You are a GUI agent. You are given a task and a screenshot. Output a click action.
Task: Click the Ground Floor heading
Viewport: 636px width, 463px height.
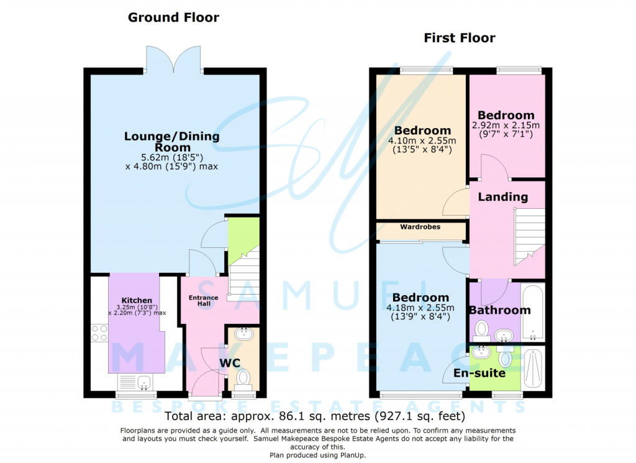click(x=173, y=17)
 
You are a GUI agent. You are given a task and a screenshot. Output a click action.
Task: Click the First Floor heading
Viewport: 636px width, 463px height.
click(x=459, y=38)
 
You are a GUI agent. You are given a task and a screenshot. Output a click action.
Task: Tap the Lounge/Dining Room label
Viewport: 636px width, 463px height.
click(x=172, y=142)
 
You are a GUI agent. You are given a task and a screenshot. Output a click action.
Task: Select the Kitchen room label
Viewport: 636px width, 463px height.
click(x=137, y=300)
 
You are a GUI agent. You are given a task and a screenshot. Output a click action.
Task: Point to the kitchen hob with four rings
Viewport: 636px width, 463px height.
click(x=99, y=332)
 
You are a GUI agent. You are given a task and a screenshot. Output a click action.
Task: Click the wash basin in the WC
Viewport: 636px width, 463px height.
click(x=243, y=334)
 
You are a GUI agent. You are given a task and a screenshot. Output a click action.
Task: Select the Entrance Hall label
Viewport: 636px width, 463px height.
click(x=203, y=300)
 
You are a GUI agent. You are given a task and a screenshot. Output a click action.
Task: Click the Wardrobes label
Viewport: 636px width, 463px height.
click(x=420, y=227)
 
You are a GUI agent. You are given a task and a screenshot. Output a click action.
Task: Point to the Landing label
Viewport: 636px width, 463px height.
click(x=503, y=197)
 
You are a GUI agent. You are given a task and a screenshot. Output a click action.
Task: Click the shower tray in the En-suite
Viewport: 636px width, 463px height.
click(x=534, y=368)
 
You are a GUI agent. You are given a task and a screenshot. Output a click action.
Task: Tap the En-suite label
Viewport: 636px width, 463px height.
click(x=479, y=373)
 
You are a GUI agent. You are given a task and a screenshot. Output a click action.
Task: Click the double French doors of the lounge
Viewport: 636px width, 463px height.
click(x=174, y=60)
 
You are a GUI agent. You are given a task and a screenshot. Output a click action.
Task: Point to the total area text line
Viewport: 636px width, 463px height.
click(x=315, y=416)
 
